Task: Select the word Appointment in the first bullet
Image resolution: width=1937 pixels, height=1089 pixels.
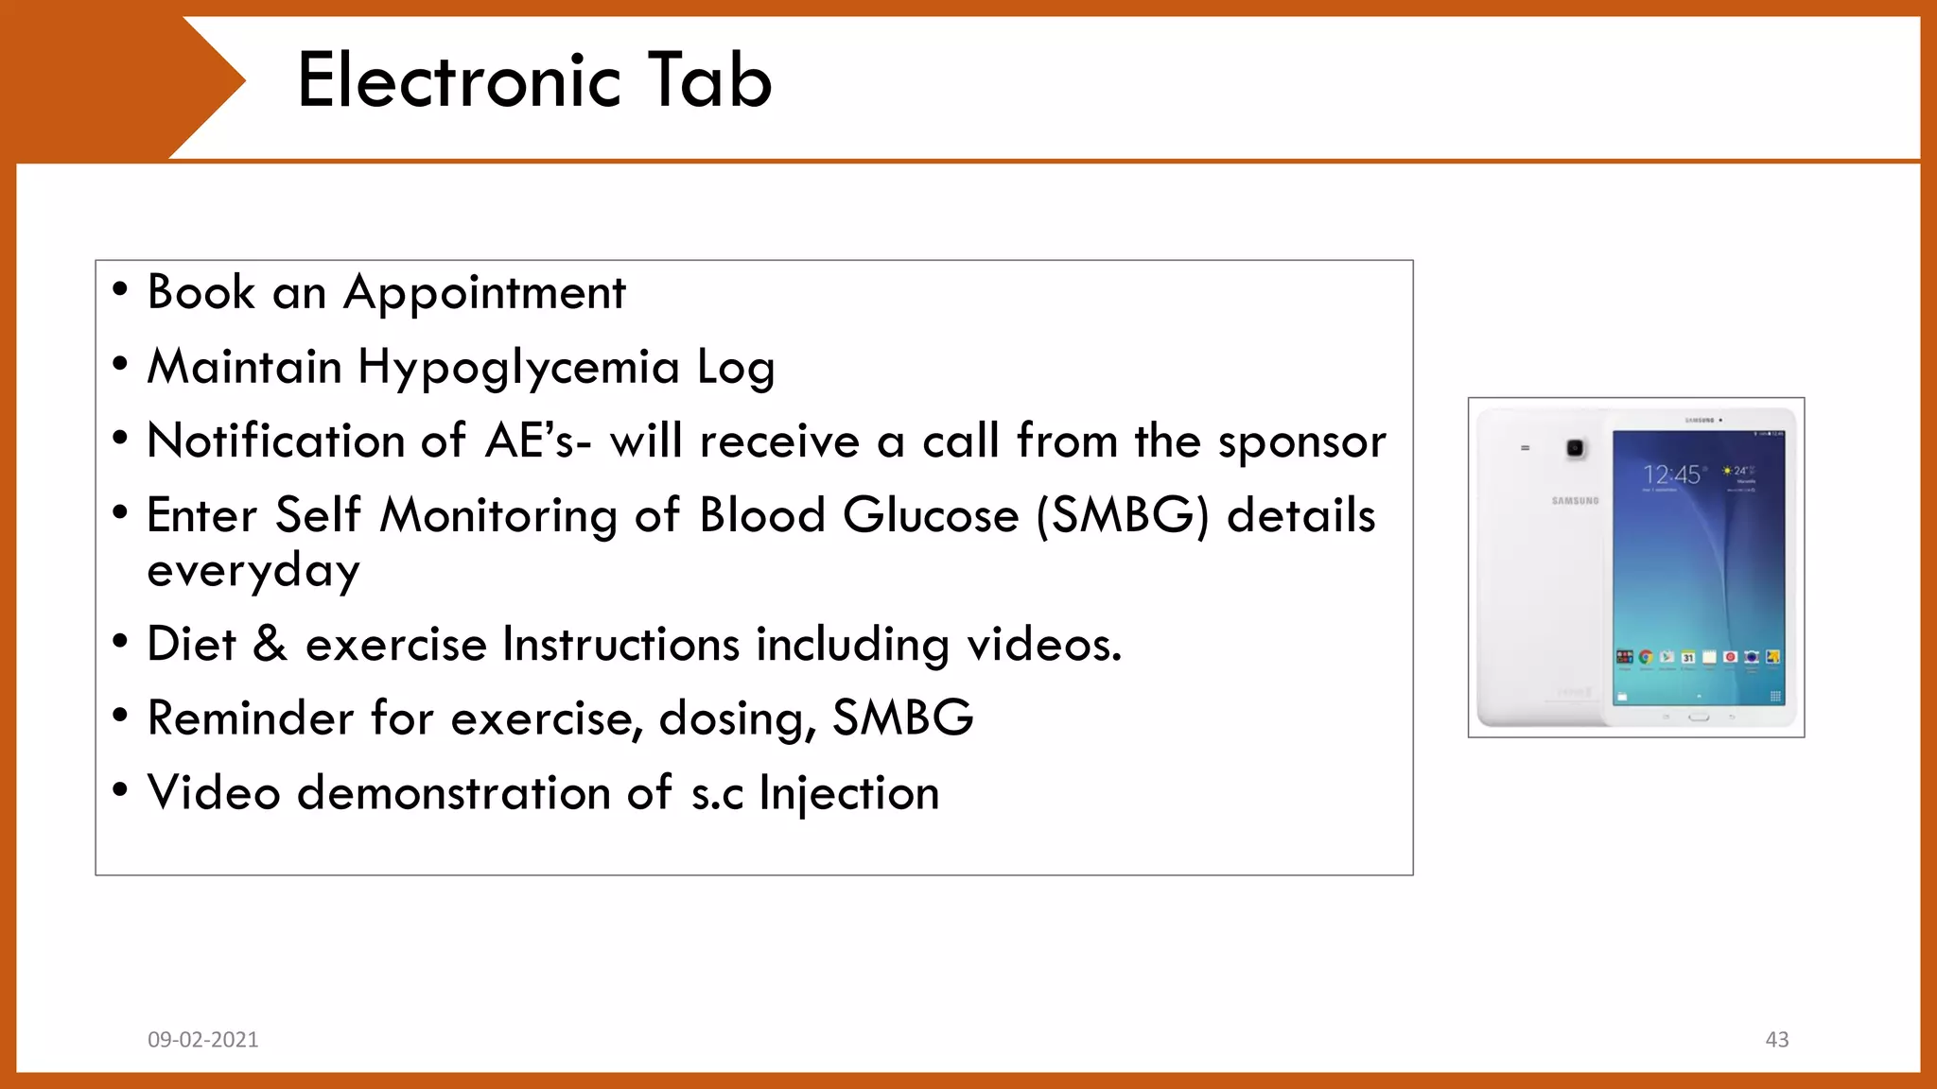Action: click(x=484, y=293)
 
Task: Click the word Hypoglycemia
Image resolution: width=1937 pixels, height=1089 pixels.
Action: click(x=518, y=368)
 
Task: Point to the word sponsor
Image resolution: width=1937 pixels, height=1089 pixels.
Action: click(x=1301, y=442)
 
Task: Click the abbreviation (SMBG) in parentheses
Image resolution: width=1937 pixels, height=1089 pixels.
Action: click(x=1123, y=516)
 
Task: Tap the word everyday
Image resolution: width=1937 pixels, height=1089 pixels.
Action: click(x=253, y=570)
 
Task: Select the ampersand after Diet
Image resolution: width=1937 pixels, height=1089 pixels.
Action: click(x=270, y=644)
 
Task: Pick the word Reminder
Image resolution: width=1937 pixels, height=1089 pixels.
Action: click(x=251, y=717)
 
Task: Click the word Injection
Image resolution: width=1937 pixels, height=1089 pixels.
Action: click(x=848, y=793)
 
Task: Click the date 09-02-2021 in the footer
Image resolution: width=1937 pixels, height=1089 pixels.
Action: click(x=203, y=1040)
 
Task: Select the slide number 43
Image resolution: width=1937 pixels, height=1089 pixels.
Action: click(x=1776, y=1040)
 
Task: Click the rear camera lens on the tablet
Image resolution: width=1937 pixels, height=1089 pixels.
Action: click(x=1576, y=449)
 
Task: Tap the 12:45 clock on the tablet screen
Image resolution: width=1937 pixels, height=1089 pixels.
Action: click(x=1671, y=475)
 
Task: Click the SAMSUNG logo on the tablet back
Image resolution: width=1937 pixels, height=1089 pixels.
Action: click(x=1575, y=501)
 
